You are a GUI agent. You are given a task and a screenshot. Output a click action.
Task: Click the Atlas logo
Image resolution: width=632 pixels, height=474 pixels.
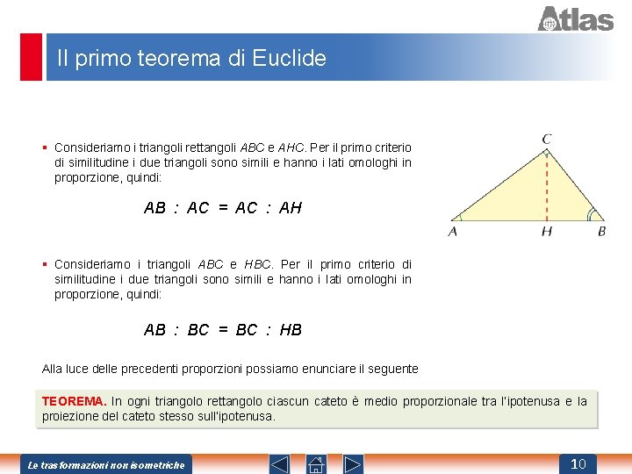(x=575, y=18)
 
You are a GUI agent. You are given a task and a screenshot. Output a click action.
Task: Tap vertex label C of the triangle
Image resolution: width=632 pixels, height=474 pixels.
(x=547, y=139)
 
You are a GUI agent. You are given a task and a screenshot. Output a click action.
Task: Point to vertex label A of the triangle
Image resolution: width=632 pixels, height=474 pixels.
(x=453, y=232)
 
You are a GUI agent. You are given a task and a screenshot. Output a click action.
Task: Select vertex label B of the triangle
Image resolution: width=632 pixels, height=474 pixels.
(x=601, y=232)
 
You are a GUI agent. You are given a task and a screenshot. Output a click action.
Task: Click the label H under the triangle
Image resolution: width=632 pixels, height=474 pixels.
(x=547, y=232)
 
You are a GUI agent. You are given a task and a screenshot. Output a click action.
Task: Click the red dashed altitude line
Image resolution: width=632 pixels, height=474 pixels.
(x=547, y=184)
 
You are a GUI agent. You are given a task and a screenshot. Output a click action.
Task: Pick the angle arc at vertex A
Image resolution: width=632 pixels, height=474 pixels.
(x=457, y=216)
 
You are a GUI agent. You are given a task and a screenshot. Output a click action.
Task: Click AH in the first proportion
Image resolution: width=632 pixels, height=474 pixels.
(x=291, y=208)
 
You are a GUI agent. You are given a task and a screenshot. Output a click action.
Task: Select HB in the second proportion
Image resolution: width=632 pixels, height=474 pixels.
(x=291, y=330)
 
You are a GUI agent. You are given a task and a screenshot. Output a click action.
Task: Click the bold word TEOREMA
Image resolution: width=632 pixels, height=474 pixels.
(x=74, y=401)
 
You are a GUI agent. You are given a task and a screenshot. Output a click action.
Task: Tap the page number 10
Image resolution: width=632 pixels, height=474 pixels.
(x=578, y=463)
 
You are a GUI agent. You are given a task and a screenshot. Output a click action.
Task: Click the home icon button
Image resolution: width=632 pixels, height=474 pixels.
(x=316, y=463)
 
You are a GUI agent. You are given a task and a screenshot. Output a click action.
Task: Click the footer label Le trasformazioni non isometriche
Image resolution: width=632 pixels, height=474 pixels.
(x=106, y=464)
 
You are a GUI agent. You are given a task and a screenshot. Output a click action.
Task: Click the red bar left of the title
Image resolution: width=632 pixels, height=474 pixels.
(x=31, y=57)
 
